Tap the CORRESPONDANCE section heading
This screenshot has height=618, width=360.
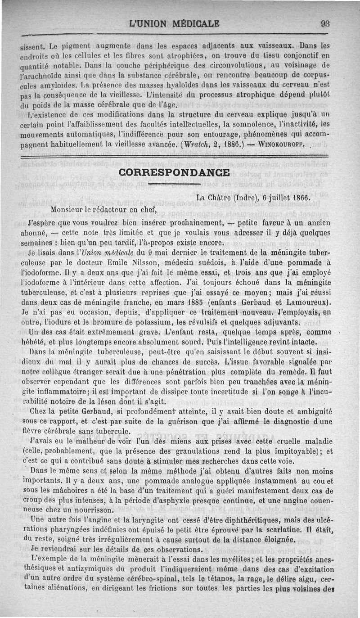point(174,173)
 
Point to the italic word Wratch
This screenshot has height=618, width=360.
point(195,145)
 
